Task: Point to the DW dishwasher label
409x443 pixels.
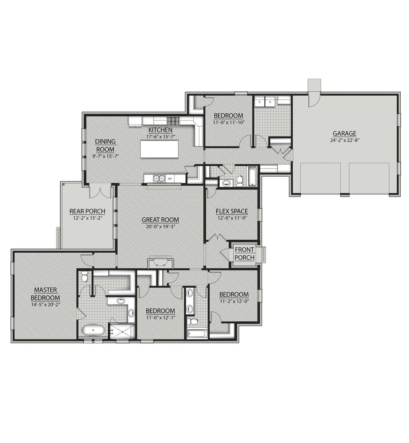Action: (170, 179)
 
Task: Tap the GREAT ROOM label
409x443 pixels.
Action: (160, 220)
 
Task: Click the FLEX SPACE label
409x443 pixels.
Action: (232, 211)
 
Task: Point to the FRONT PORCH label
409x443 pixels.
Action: (244, 253)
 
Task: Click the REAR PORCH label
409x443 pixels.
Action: (87, 211)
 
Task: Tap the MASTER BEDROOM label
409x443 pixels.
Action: (45, 294)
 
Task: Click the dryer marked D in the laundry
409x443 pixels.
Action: (270, 103)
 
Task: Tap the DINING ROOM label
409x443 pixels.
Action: (105, 145)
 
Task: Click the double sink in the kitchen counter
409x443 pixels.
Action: (158, 178)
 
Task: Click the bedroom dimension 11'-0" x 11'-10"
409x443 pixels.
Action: (228, 122)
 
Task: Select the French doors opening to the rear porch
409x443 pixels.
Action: (100, 192)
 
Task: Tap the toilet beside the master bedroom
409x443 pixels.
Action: (84, 277)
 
